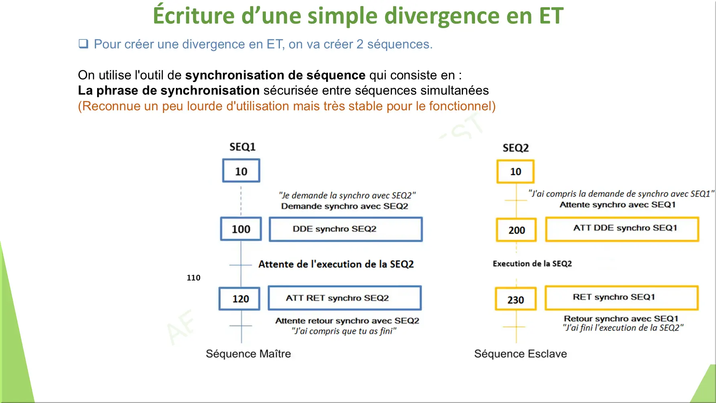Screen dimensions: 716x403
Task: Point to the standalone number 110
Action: pos(194,278)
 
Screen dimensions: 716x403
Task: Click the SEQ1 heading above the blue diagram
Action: pos(243,147)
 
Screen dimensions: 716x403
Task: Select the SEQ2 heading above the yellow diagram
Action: pos(516,148)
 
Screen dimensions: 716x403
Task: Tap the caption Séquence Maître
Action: pos(249,354)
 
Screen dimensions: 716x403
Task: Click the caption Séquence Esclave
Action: pos(521,354)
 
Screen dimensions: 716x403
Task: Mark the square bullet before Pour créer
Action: pos(83,43)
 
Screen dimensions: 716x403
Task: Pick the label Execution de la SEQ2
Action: pos(532,264)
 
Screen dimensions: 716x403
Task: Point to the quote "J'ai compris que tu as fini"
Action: pos(344,331)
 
